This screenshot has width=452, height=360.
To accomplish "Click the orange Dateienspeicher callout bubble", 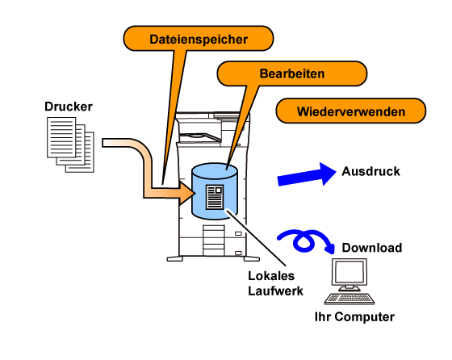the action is click(x=199, y=39).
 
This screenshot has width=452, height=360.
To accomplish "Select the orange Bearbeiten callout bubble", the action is click(x=292, y=73).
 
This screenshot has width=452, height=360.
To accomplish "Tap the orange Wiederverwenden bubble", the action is click(x=351, y=111).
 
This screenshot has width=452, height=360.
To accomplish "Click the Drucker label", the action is click(x=69, y=107).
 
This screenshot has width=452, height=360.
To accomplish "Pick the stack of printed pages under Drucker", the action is click(x=71, y=144).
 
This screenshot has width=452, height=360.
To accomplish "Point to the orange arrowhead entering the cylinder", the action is click(x=186, y=193).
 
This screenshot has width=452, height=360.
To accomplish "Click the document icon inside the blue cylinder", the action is click(x=215, y=197).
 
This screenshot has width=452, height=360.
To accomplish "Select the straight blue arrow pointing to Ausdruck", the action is click(x=307, y=175).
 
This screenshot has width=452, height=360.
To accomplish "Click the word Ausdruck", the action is click(x=370, y=171).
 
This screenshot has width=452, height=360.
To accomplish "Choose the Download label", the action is click(x=372, y=248).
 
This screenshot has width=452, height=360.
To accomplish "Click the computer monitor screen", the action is click(x=349, y=272).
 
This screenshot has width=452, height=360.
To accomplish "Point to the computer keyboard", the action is click(x=349, y=299).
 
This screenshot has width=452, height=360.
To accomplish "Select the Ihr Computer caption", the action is click(x=354, y=316).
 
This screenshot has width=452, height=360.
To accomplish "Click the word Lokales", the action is click(x=271, y=276).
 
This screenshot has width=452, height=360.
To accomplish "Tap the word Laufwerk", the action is click(x=275, y=291).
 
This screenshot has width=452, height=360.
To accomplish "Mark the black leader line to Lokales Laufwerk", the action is click(x=257, y=237).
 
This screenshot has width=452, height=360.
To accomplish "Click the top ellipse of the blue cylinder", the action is click(x=215, y=170).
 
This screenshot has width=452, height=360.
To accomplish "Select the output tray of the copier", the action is click(x=199, y=136).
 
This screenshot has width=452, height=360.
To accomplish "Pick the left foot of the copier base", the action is click(x=174, y=259).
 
